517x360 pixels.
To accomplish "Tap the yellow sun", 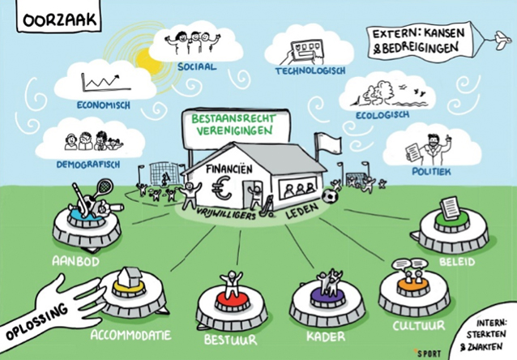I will [x=148, y=57].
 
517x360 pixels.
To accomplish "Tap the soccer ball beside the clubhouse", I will [x=330, y=195].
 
